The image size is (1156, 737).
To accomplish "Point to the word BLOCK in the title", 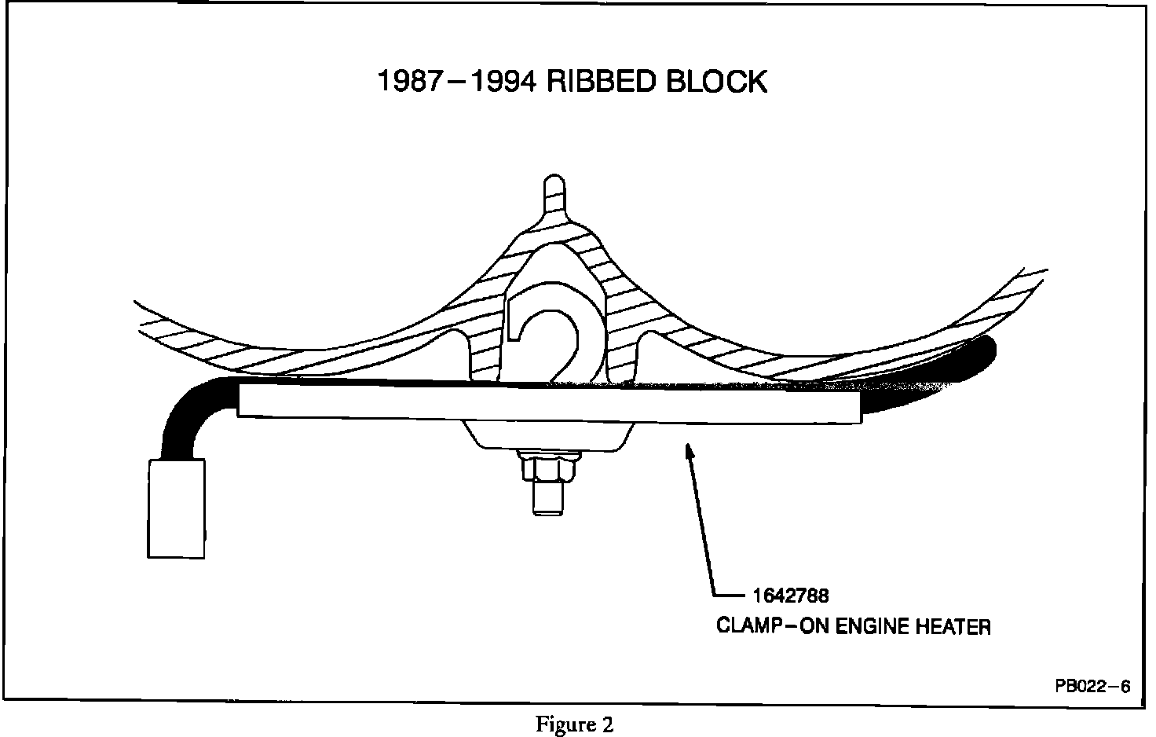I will (x=717, y=81).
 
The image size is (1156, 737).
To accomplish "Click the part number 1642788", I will (x=790, y=596).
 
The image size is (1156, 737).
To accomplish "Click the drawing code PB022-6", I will (x=1092, y=686).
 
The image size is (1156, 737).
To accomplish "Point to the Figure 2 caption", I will (x=574, y=724).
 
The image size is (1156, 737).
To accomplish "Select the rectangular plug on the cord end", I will (x=177, y=508).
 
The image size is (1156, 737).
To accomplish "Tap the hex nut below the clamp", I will (x=549, y=471).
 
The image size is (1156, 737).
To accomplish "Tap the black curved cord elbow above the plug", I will (x=188, y=409).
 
